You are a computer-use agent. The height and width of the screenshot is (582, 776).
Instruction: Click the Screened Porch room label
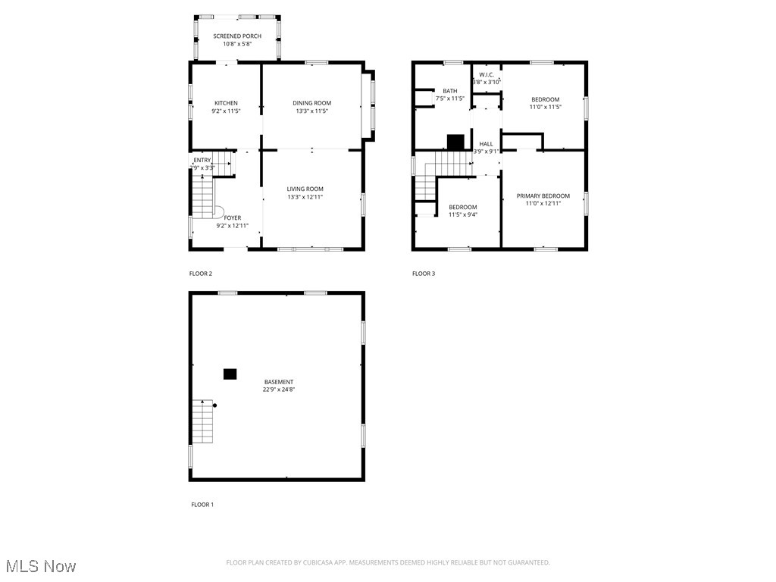click(x=237, y=36)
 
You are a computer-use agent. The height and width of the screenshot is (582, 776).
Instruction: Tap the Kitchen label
click(x=226, y=103)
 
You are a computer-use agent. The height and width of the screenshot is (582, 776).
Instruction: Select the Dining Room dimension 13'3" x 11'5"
click(x=312, y=111)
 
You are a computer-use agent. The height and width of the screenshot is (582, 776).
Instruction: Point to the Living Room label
click(x=305, y=189)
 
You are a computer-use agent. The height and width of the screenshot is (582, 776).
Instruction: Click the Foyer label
click(x=232, y=217)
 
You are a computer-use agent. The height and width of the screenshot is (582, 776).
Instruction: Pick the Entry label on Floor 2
click(x=202, y=160)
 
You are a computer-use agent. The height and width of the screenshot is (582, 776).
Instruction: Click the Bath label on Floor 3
click(x=450, y=91)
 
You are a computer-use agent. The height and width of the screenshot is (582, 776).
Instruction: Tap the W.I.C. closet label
click(x=487, y=74)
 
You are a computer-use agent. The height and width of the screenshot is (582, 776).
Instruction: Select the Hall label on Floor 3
click(x=486, y=143)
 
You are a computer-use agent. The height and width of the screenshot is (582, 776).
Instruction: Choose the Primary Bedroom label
click(x=543, y=196)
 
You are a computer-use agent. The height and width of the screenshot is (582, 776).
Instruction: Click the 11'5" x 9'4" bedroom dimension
click(x=463, y=214)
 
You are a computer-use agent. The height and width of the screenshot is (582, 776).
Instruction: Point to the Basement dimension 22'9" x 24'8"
click(x=279, y=390)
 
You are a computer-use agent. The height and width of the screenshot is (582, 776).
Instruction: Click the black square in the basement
click(x=230, y=374)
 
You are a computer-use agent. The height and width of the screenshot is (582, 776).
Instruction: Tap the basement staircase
click(x=202, y=421)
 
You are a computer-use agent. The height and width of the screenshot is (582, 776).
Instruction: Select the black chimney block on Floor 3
click(x=455, y=142)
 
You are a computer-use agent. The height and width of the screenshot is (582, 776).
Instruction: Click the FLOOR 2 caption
click(x=201, y=274)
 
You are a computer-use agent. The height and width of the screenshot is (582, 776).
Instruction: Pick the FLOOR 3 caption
click(x=424, y=274)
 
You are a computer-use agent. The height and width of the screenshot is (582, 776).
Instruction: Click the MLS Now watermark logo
click(x=40, y=566)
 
